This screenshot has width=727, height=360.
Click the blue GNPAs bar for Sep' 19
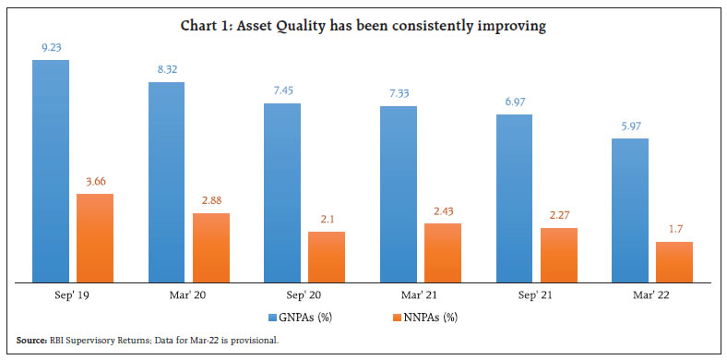click(51, 171)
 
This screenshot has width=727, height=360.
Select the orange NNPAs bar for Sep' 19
click(95, 237)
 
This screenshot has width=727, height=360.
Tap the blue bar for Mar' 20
click(167, 182)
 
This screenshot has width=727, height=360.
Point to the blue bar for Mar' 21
click(399, 194)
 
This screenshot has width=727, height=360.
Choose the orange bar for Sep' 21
click(558, 254)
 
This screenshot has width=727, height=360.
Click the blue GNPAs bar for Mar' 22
click(630, 210)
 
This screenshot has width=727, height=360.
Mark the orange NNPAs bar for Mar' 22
click(674, 261)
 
